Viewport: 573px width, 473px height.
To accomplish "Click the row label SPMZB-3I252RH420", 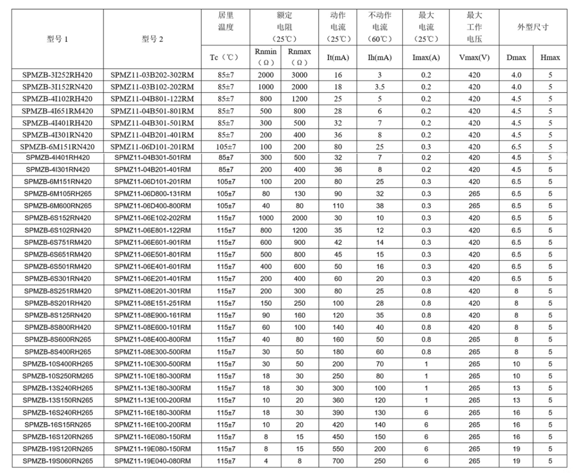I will pyautogui.click(x=57, y=75).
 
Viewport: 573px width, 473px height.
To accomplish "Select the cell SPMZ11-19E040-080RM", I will pyautogui.click(x=153, y=461).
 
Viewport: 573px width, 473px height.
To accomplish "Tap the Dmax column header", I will pyautogui.click(x=516, y=58).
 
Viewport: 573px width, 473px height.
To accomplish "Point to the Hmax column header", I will pyautogui.click(x=550, y=58).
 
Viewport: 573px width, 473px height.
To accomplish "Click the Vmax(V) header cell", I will pyautogui.click(x=474, y=58).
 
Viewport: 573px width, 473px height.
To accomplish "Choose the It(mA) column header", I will pyautogui.click(x=338, y=58).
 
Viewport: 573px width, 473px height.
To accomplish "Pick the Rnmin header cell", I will pyautogui.click(x=266, y=57).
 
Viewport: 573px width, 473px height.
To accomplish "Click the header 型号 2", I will pyautogui.click(x=153, y=40).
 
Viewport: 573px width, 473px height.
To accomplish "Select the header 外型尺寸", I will pyautogui.click(x=533, y=27).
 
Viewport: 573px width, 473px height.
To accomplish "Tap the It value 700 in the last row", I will pyautogui.click(x=338, y=461).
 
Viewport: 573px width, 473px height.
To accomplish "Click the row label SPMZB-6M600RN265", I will pyautogui.click(x=57, y=206).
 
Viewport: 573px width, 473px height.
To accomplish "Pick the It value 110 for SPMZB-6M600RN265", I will pyautogui.click(x=338, y=206).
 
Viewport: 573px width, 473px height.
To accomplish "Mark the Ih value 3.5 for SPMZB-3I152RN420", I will pyautogui.click(x=378, y=87).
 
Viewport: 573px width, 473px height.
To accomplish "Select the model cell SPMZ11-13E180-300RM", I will pyautogui.click(x=153, y=388).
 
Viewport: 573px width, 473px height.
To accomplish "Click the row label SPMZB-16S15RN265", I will pyautogui.click(x=57, y=424).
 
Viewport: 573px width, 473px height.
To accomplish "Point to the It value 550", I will pyautogui.click(x=338, y=449).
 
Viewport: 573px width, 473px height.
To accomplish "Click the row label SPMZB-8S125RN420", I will pyautogui.click(x=57, y=315).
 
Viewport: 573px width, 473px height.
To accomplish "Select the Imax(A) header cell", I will pyautogui.click(x=426, y=58).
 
